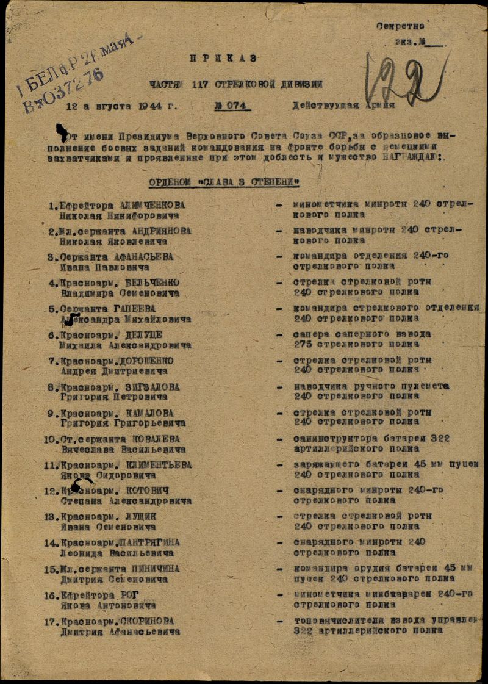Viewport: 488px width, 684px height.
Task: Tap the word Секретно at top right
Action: [x=400, y=26]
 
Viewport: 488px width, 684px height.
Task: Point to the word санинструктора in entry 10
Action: [x=330, y=439]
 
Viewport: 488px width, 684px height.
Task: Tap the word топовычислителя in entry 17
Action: [x=331, y=621]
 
